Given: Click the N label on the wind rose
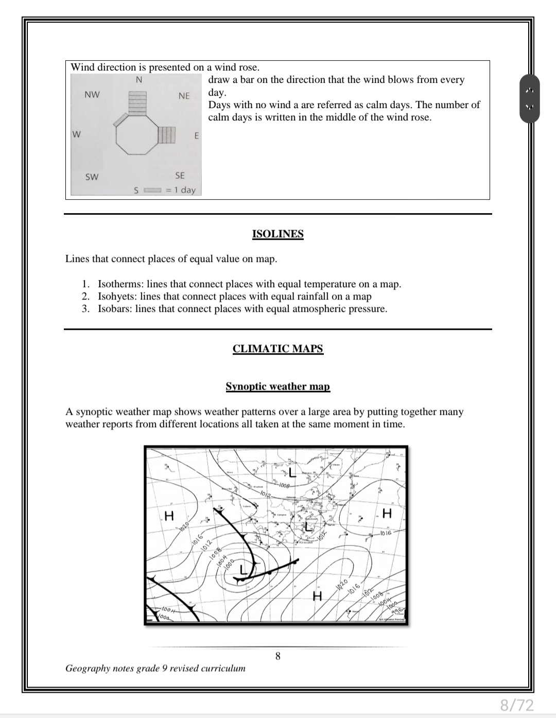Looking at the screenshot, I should pyautogui.click(x=138, y=80).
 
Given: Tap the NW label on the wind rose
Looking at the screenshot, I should pyautogui.click(x=92, y=95).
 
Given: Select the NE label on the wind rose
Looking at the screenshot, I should pyautogui.click(x=184, y=96).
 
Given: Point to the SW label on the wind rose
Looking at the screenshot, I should pyautogui.click(x=92, y=177).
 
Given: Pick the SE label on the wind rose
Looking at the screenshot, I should pyautogui.click(x=180, y=176).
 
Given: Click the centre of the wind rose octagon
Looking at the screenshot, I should pyautogui.click(x=136, y=135).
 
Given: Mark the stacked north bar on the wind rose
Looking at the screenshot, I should pyautogui.click(x=137, y=102).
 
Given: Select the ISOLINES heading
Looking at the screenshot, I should pyautogui.click(x=278, y=234).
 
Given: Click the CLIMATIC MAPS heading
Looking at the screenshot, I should pyautogui.click(x=278, y=348).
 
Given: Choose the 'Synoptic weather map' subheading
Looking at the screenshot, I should pyautogui.click(x=278, y=387).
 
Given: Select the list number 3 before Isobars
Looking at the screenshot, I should pyautogui.click(x=85, y=309).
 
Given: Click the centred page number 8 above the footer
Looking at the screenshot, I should pyautogui.click(x=278, y=656).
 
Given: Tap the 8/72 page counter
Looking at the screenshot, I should pyautogui.click(x=517, y=705).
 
